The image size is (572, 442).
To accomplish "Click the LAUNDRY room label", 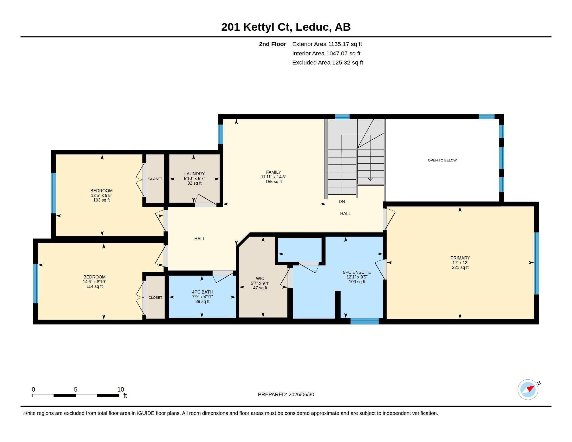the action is tap(194, 174).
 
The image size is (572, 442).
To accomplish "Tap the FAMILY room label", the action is tap(274, 172).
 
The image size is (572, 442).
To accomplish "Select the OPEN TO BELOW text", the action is tap(442, 160).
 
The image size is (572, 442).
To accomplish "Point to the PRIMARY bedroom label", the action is tap(460, 258).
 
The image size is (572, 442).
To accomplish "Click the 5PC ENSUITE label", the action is tap(357, 272).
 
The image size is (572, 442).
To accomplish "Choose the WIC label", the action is tap(260, 279).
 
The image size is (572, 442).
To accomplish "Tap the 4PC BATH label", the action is tap(202, 292).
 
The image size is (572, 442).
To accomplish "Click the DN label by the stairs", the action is tap(342, 201).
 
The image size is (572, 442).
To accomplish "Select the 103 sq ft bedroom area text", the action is tap(101, 200).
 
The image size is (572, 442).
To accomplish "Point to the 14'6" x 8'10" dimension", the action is tap(95, 282).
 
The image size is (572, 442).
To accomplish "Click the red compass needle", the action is tap(531, 388).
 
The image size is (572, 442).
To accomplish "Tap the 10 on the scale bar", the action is tap(120, 389).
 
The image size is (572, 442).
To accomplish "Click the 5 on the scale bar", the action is tap(76, 389).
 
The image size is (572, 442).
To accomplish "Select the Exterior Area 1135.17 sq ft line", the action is tap(327, 44).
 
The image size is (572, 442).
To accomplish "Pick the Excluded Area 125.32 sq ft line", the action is tap(328, 63).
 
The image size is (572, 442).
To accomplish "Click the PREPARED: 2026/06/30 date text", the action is tap(286, 395).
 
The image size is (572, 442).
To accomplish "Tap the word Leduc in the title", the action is tap(312, 27).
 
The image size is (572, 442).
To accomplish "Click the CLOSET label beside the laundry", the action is tap(155, 179).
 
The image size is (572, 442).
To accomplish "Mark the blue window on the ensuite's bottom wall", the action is tap(365, 321).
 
